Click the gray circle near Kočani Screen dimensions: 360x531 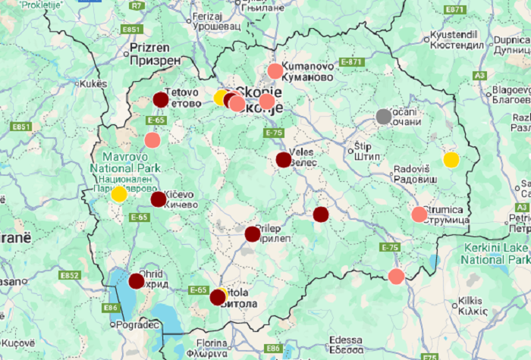click(384, 117)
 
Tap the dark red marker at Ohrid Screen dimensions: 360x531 click(137, 281)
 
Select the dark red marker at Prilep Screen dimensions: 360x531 click(252, 234)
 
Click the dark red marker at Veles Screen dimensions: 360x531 click(283, 160)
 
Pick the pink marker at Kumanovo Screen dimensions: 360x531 click(275, 71)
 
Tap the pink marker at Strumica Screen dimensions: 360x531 click(419, 214)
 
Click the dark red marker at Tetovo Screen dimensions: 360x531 click(161, 99)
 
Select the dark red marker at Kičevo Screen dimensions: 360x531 click(158, 199)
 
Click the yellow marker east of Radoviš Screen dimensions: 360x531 click(451, 160)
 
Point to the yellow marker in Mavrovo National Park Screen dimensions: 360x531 click(119, 194)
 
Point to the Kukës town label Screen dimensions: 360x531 click(88, 83)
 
